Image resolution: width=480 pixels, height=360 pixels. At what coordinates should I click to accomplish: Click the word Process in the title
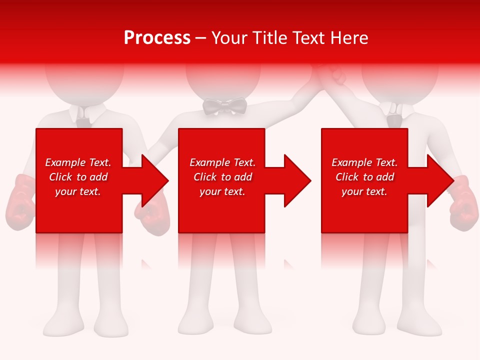point(157,38)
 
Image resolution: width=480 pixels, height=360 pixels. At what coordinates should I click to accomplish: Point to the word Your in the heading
point(229,38)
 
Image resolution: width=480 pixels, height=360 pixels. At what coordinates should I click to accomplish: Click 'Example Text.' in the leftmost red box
point(78,162)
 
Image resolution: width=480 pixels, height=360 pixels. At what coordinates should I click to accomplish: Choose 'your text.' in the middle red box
point(222,191)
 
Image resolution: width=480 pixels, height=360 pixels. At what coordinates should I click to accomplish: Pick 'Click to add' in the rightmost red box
point(364,177)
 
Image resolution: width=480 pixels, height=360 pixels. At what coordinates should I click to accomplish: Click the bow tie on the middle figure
point(225,106)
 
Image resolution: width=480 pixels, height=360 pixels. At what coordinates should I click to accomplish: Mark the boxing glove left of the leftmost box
point(20,202)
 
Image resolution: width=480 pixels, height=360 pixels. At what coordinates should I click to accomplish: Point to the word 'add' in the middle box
point(243,177)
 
